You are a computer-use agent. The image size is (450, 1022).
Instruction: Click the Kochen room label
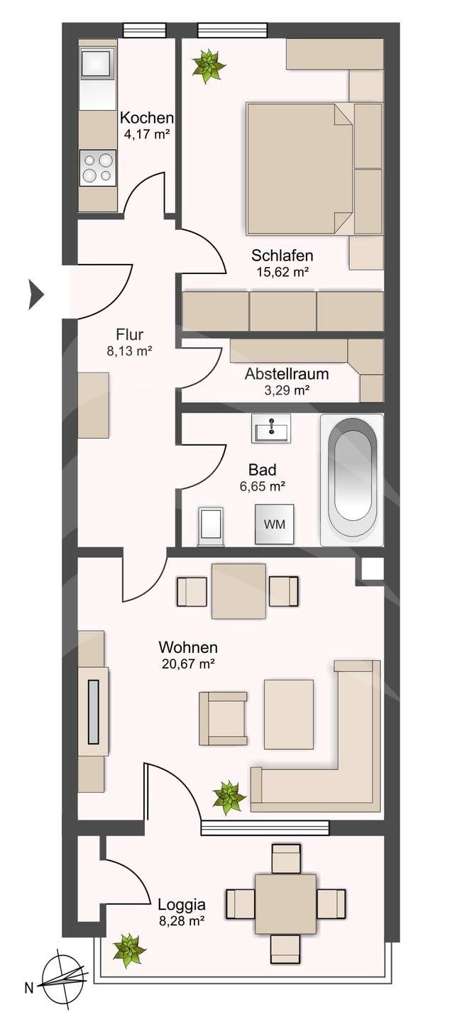tap(146, 118)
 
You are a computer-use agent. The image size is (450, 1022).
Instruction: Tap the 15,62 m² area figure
tap(282, 270)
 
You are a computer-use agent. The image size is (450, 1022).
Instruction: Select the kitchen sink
tap(97, 64)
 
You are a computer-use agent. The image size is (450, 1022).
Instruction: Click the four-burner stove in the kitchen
tap(98, 167)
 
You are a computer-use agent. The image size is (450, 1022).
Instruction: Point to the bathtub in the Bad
tap(352, 480)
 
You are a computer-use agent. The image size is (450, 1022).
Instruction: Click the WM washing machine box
tap(275, 524)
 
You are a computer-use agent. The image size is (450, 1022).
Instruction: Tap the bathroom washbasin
tap(271, 428)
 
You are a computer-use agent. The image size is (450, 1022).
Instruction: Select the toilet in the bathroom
tap(212, 526)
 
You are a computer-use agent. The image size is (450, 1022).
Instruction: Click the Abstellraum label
tap(287, 373)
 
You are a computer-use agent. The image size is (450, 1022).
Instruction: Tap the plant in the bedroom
tap(209, 66)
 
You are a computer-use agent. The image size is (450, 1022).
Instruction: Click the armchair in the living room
tap(223, 718)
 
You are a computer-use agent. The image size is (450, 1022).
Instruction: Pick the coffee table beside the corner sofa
tap(288, 713)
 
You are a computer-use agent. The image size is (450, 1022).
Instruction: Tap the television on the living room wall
tap(93, 712)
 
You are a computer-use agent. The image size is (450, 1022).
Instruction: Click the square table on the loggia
tap(285, 903)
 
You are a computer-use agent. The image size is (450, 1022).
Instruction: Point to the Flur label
tap(130, 334)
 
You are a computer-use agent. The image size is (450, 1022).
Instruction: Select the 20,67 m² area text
tap(187, 664)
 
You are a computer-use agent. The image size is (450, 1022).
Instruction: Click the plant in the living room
tap(229, 797)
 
